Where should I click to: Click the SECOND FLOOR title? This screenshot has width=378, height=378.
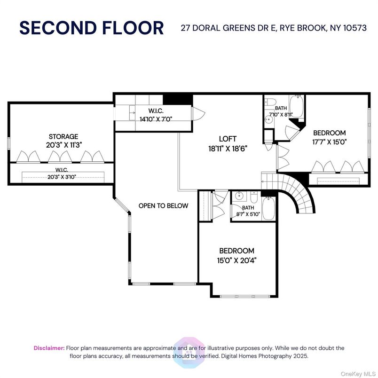(x=92, y=28)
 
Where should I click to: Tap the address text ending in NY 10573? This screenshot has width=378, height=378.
(x=274, y=28)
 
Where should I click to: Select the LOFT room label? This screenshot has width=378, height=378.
(x=228, y=139)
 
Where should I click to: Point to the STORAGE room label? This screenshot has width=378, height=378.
(x=63, y=136)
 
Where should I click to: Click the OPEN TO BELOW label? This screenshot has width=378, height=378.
(x=163, y=205)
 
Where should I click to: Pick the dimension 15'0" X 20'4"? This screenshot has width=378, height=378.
(x=236, y=260)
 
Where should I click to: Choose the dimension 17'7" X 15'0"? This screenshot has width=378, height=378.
(x=329, y=142)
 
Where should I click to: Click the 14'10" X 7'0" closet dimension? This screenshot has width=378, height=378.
(x=156, y=118)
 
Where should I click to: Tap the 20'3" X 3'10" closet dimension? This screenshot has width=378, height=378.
(x=62, y=177)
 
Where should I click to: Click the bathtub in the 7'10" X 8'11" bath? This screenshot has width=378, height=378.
(x=296, y=106)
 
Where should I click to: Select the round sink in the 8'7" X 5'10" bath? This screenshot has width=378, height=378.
(x=239, y=196)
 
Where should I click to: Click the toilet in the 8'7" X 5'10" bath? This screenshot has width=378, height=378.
(x=254, y=197)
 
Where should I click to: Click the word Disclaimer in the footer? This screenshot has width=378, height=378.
(x=49, y=348)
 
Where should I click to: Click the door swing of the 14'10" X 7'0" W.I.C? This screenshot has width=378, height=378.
(x=198, y=113)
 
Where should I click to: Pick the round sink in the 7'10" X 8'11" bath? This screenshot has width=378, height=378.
(x=268, y=119)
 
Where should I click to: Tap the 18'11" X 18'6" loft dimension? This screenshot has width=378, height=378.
(x=228, y=149)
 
